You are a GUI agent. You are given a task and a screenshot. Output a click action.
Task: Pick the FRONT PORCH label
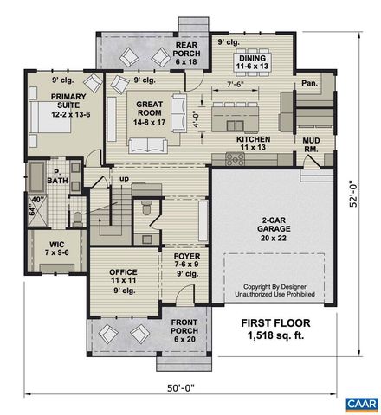[184, 328]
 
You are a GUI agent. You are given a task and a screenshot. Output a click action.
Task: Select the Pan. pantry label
[309, 85]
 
